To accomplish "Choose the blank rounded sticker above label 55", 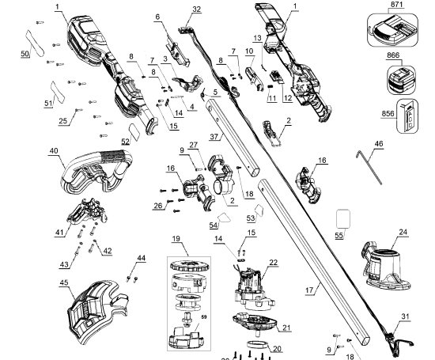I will point(342,219).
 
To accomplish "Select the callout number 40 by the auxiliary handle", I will point(55,151).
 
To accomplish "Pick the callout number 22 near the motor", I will point(274,263).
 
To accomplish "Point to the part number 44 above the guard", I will point(142,259).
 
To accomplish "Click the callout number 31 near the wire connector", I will point(407,316).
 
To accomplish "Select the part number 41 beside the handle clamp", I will point(59,232).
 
